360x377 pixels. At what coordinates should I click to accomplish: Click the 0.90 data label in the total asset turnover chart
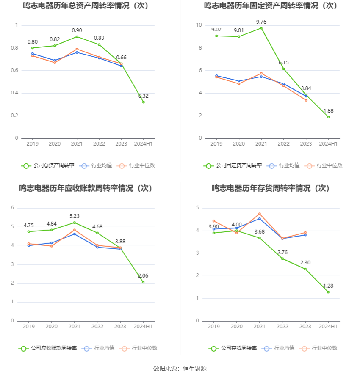coord(77,30)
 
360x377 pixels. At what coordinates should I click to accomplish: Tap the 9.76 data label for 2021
coord(261,22)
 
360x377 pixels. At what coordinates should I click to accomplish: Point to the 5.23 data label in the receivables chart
coord(75,216)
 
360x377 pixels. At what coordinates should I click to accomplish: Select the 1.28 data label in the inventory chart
coord(328,286)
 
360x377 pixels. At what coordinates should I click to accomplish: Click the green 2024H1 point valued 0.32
coord(143,102)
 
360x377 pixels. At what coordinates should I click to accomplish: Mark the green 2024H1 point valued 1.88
coord(328,117)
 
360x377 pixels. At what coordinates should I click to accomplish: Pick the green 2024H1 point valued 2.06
coord(143,282)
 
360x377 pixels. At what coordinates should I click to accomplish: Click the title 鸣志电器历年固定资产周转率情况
coord(271,6)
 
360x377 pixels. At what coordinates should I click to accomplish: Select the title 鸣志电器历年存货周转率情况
coord(271,188)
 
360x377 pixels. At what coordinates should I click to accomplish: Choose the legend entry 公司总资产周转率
coord(47,165)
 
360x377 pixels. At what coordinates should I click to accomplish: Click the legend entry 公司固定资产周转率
coord(233,165)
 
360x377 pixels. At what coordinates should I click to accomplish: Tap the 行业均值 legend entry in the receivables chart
coord(99,348)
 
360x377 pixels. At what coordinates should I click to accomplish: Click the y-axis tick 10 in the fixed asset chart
coord(199,25)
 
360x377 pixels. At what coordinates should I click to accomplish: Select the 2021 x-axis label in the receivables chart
coord(75,327)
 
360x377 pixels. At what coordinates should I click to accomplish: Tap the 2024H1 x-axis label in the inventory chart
coord(328,327)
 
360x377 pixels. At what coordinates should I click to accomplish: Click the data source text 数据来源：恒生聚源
coord(180,369)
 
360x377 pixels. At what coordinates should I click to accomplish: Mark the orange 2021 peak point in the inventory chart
coord(260,214)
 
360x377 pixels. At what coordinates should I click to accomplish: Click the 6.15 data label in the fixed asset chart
coord(283,63)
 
